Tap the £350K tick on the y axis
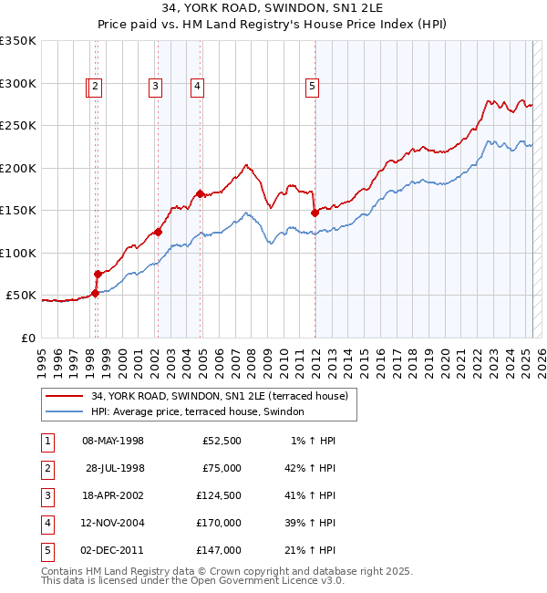(18, 41)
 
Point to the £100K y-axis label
(18, 253)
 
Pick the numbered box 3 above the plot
(156, 87)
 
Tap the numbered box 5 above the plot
(312, 87)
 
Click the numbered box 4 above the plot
(197, 87)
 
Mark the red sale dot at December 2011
(315, 213)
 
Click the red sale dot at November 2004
(201, 193)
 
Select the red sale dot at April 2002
(158, 232)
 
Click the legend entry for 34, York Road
(219, 396)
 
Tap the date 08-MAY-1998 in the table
(113, 441)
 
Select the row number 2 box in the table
(46, 468)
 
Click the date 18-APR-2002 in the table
(113, 495)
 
